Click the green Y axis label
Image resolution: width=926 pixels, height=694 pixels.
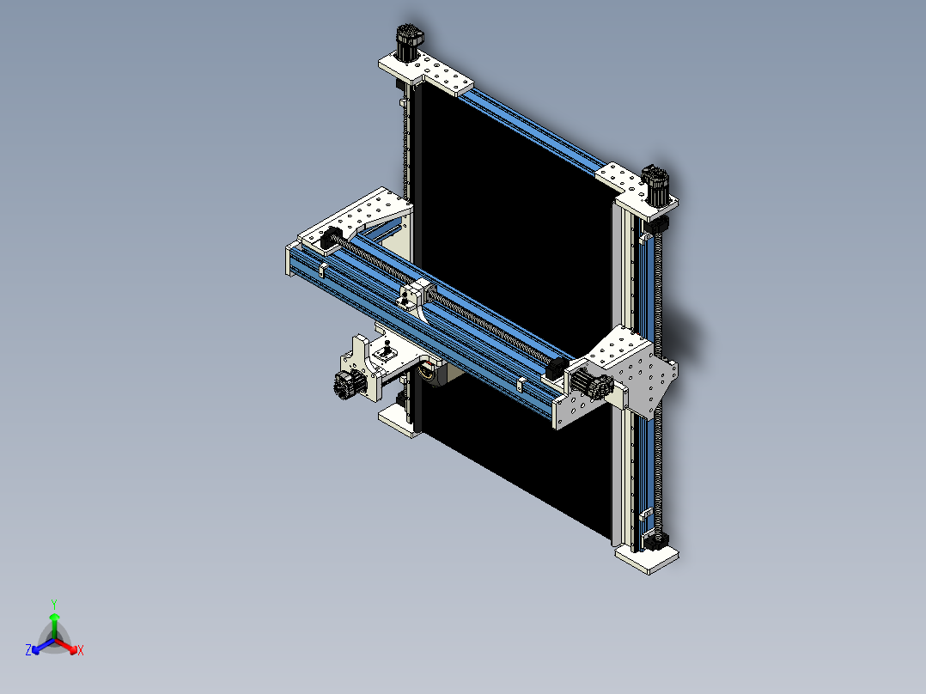pos(54,604)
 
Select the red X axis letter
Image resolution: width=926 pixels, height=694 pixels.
pos(81,651)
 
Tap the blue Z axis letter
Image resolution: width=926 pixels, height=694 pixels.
pos(28,651)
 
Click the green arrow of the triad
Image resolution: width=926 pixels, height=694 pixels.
pos(54,622)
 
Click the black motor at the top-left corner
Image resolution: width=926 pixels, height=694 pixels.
pos(408,42)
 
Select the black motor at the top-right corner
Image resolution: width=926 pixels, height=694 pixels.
pos(657,184)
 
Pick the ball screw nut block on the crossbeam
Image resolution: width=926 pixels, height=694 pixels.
pos(416,296)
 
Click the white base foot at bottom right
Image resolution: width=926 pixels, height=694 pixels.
pos(647,558)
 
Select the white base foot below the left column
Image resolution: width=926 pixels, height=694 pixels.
pos(397,420)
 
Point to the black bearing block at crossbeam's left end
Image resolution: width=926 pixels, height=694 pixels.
pos(329,239)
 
